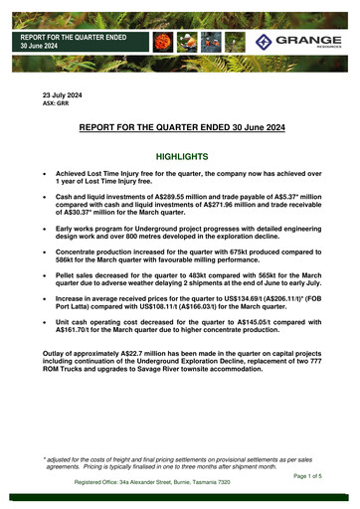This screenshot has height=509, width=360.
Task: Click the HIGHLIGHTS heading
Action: point(180,157)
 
